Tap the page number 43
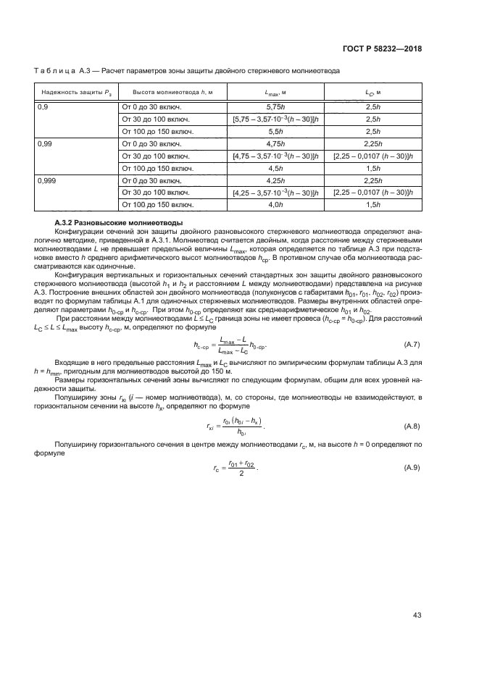(417, 616)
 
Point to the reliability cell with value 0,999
(46, 180)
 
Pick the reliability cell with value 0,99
(45, 143)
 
